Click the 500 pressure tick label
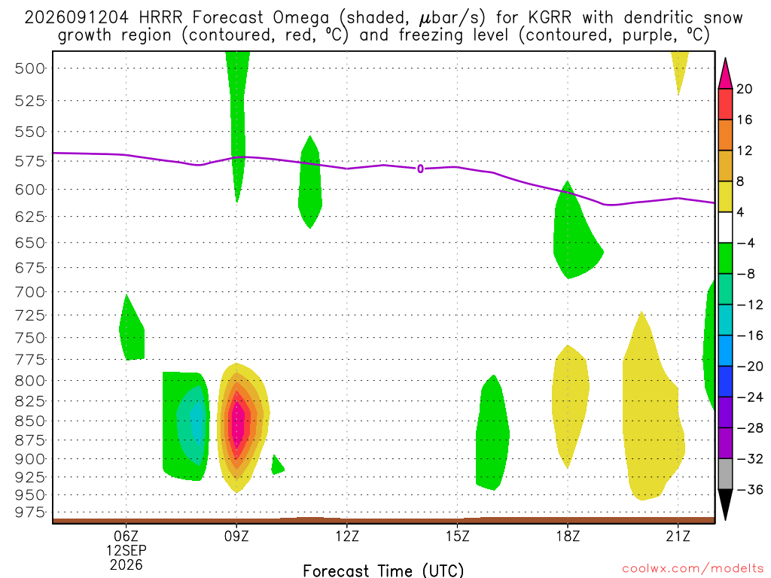(30, 68)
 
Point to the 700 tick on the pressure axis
(30, 293)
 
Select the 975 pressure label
(30, 512)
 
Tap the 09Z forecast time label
(236, 536)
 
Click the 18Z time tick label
(568, 536)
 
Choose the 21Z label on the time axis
(678, 536)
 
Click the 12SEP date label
(126, 550)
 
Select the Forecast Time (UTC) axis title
(383, 570)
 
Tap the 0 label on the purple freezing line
(420, 169)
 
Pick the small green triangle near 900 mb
(277, 465)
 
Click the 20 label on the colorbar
(744, 89)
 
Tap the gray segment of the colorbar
(725, 474)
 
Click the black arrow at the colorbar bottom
(725, 504)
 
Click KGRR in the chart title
(550, 18)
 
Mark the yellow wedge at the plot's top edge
(680, 71)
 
